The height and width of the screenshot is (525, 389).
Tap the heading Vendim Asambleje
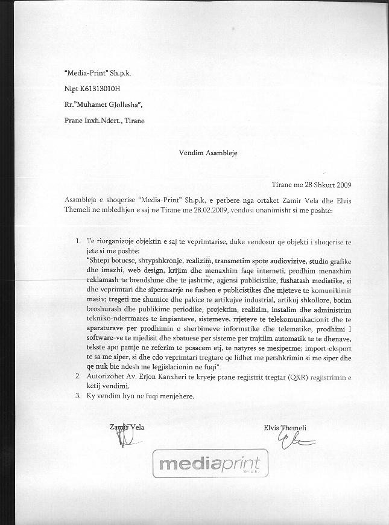(x=208, y=153)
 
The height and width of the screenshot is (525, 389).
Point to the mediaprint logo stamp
(x=209, y=464)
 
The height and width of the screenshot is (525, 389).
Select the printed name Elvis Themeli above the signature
(x=285, y=428)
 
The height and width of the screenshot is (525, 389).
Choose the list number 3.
(x=78, y=396)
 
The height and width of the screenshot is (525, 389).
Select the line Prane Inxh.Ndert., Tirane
(x=104, y=120)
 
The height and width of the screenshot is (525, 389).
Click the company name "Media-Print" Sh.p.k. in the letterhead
(x=98, y=73)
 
